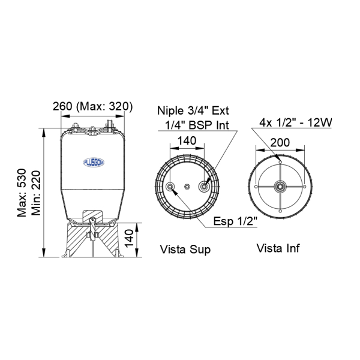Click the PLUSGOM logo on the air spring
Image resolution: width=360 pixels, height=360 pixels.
click(94, 163)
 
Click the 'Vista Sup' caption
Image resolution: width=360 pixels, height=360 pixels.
click(185, 250)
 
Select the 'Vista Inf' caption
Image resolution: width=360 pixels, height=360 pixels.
click(278, 248)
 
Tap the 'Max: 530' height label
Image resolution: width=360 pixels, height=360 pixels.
click(22, 193)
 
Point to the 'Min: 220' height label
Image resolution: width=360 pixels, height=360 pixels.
click(36, 193)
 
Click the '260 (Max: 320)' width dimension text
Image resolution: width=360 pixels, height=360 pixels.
click(93, 106)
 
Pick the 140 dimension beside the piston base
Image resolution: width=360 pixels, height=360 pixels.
click(129, 238)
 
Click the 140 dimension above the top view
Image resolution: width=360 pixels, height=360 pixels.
click(187, 141)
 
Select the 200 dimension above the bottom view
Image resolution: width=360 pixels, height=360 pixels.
click(280, 143)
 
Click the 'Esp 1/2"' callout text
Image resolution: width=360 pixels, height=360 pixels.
click(235, 221)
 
